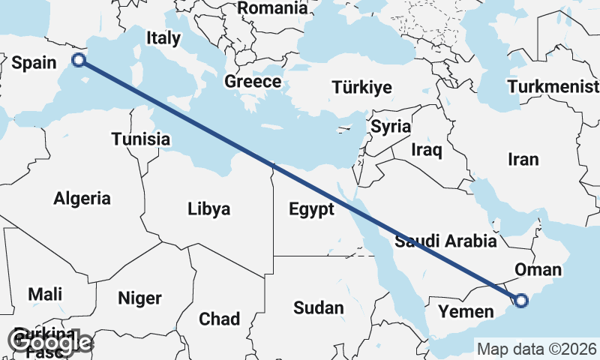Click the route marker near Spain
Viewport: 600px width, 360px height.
point(78,61)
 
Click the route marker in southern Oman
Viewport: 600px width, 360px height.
point(521,301)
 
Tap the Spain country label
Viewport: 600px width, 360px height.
point(34,63)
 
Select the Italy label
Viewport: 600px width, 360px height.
point(163,38)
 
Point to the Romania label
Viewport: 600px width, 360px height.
point(272,8)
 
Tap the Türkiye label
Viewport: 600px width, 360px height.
point(361,87)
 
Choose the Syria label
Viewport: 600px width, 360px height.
point(391,126)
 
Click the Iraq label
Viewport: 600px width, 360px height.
point(427,150)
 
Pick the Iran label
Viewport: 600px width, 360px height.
point(523,160)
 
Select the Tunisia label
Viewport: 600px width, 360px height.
point(140,139)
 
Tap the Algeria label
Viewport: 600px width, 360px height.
point(82,199)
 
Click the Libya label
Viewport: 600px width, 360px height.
point(208,209)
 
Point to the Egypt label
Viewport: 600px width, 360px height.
point(311,209)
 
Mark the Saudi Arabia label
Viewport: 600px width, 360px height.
point(446,241)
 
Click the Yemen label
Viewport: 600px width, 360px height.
point(466,311)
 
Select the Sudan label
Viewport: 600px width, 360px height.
point(318,307)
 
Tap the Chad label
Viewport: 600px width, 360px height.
point(220,319)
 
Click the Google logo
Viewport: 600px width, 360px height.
point(51,342)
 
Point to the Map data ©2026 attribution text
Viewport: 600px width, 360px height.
point(537,349)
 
